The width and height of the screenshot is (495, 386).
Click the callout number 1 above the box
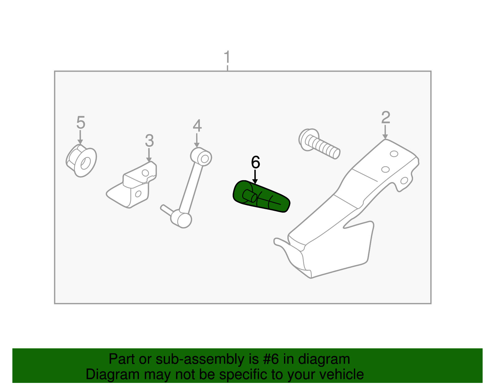pos(227,57)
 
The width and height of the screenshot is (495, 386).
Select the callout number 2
pos(385,118)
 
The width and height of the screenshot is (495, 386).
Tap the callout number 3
pos(149,141)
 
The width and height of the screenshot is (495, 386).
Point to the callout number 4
pos(197,126)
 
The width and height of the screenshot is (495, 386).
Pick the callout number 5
pos(80,123)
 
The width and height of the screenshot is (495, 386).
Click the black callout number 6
pos(256,163)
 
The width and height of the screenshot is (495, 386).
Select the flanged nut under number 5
pos(81,160)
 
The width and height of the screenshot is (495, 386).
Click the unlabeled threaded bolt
pos(320,145)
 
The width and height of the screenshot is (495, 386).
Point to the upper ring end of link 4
pos(201,157)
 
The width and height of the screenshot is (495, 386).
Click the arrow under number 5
pos(80,138)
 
